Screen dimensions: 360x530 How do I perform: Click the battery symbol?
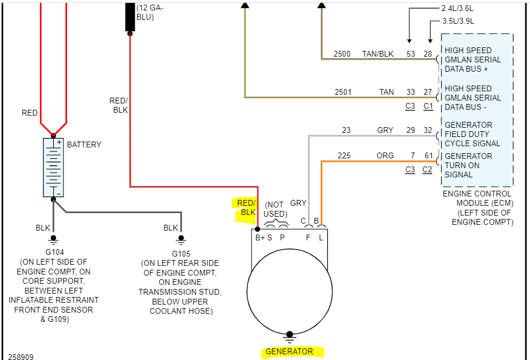coord(53,168)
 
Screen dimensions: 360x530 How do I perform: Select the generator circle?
coord(290,291)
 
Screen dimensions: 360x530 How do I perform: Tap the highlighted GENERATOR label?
coord(289,351)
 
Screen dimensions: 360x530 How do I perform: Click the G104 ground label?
coord(53,252)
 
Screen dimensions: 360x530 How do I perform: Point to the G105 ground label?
coord(181,254)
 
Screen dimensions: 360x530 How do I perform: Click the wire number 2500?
coord(342,54)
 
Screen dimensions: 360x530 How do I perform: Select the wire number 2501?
coord(343,92)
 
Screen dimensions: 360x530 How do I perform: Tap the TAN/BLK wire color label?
coord(378,54)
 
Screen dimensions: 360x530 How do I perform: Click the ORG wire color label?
coord(386,156)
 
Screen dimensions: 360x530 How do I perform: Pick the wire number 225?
coord(344,156)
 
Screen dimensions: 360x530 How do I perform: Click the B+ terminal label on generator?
coord(260,237)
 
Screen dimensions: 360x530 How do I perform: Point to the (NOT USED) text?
coord(275,209)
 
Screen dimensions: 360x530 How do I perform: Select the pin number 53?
coord(410,54)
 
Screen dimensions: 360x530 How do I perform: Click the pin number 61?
coord(428,156)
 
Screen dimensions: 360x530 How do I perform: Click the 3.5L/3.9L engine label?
coord(458,21)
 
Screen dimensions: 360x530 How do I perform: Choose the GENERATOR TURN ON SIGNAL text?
coord(468,165)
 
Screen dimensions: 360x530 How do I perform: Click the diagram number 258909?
coord(21,357)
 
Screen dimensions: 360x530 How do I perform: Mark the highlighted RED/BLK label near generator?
coord(246,207)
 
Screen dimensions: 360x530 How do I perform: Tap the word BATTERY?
coord(84,144)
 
